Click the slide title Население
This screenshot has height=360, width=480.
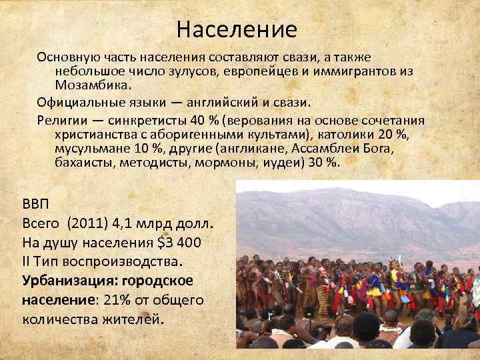point(237,30)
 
